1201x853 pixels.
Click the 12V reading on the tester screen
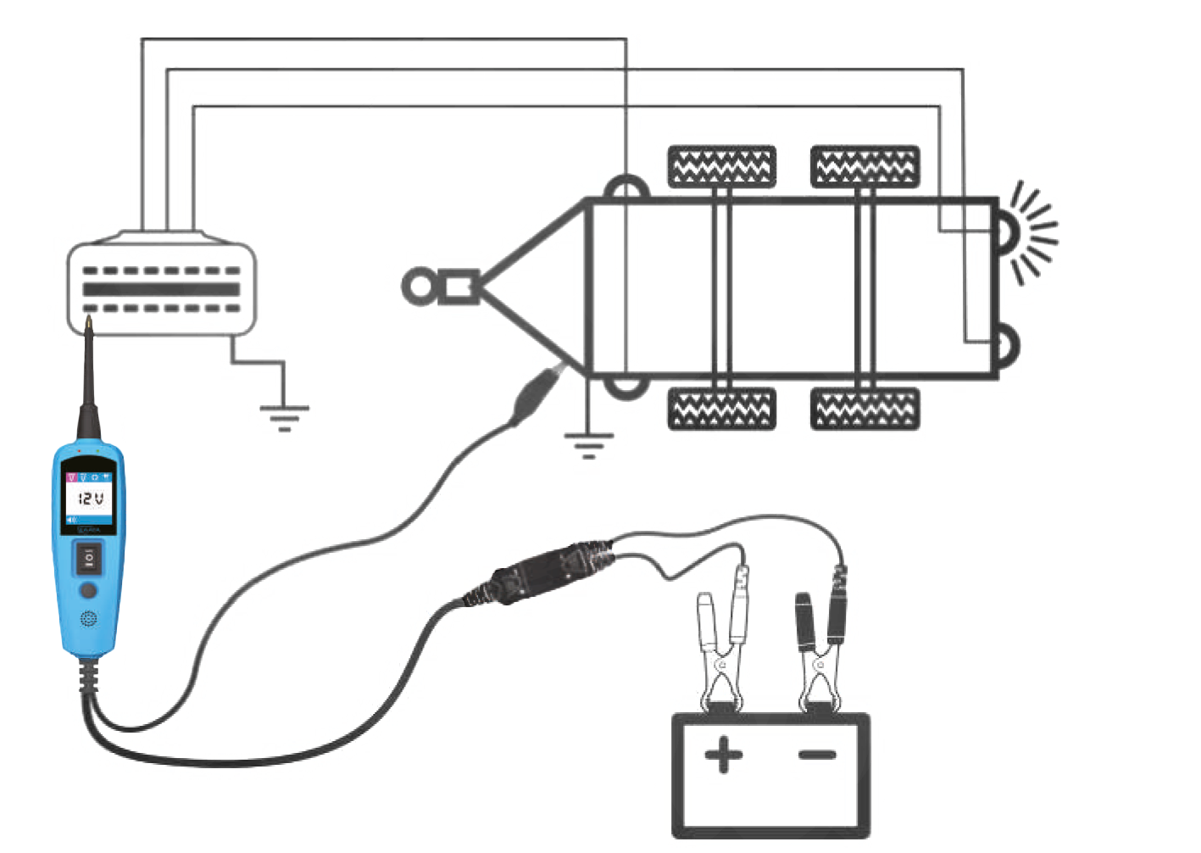point(90,499)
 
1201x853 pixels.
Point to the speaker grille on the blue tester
point(88,619)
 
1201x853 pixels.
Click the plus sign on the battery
point(722,754)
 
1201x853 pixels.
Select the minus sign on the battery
point(818,752)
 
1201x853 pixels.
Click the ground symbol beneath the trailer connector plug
point(284,415)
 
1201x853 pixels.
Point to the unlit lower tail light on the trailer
point(1009,346)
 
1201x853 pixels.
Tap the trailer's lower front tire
point(721,410)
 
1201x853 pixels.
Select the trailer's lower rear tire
point(865,410)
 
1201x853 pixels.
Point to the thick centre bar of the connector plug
point(162,290)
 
